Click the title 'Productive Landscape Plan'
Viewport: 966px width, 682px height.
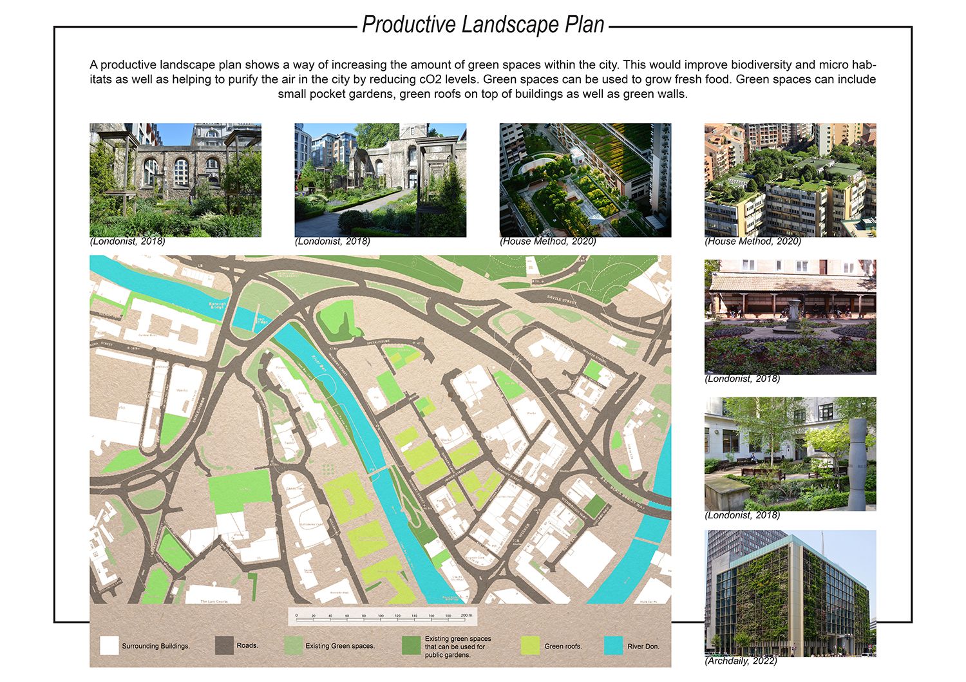[483, 24]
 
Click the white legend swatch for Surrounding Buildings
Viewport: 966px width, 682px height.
[109, 645]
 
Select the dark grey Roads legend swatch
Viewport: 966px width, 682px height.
[224, 645]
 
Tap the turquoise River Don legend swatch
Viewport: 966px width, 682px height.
[614, 645]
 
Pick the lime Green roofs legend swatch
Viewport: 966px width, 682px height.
[530, 645]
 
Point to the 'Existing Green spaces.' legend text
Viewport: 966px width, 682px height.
[340, 646]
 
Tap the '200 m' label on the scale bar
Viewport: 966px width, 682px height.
[466, 616]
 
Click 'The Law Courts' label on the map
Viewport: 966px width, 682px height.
[214, 601]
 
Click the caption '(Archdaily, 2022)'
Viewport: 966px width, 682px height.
[741, 661]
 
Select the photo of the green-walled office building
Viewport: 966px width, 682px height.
[790, 591]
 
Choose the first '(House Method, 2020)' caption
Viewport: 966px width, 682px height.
[547, 242]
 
